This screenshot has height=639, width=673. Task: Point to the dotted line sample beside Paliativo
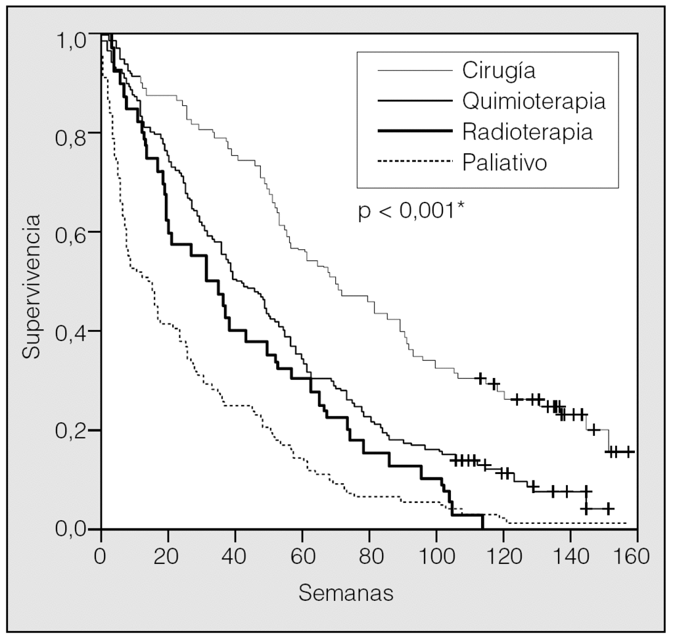(x=414, y=162)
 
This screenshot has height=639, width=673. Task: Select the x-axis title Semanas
(x=346, y=594)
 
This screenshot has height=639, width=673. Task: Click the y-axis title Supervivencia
(x=31, y=285)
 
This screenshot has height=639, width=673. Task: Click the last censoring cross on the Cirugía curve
(x=629, y=452)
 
